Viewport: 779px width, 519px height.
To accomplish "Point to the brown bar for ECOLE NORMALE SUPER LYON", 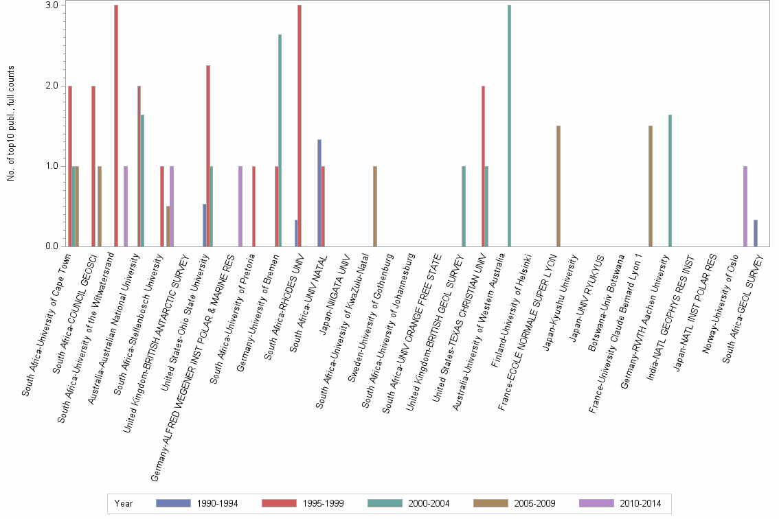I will [x=558, y=186].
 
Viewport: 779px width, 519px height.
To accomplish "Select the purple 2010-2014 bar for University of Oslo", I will [x=745, y=206].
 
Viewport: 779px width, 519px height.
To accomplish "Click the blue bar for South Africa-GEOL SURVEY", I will [x=756, y=233].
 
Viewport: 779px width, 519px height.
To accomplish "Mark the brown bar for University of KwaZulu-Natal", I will [x=375, y=206].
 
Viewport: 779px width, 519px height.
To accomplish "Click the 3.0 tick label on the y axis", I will [x=60, y=5].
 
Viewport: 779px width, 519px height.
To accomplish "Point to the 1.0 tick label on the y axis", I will [x=60, y=166].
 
